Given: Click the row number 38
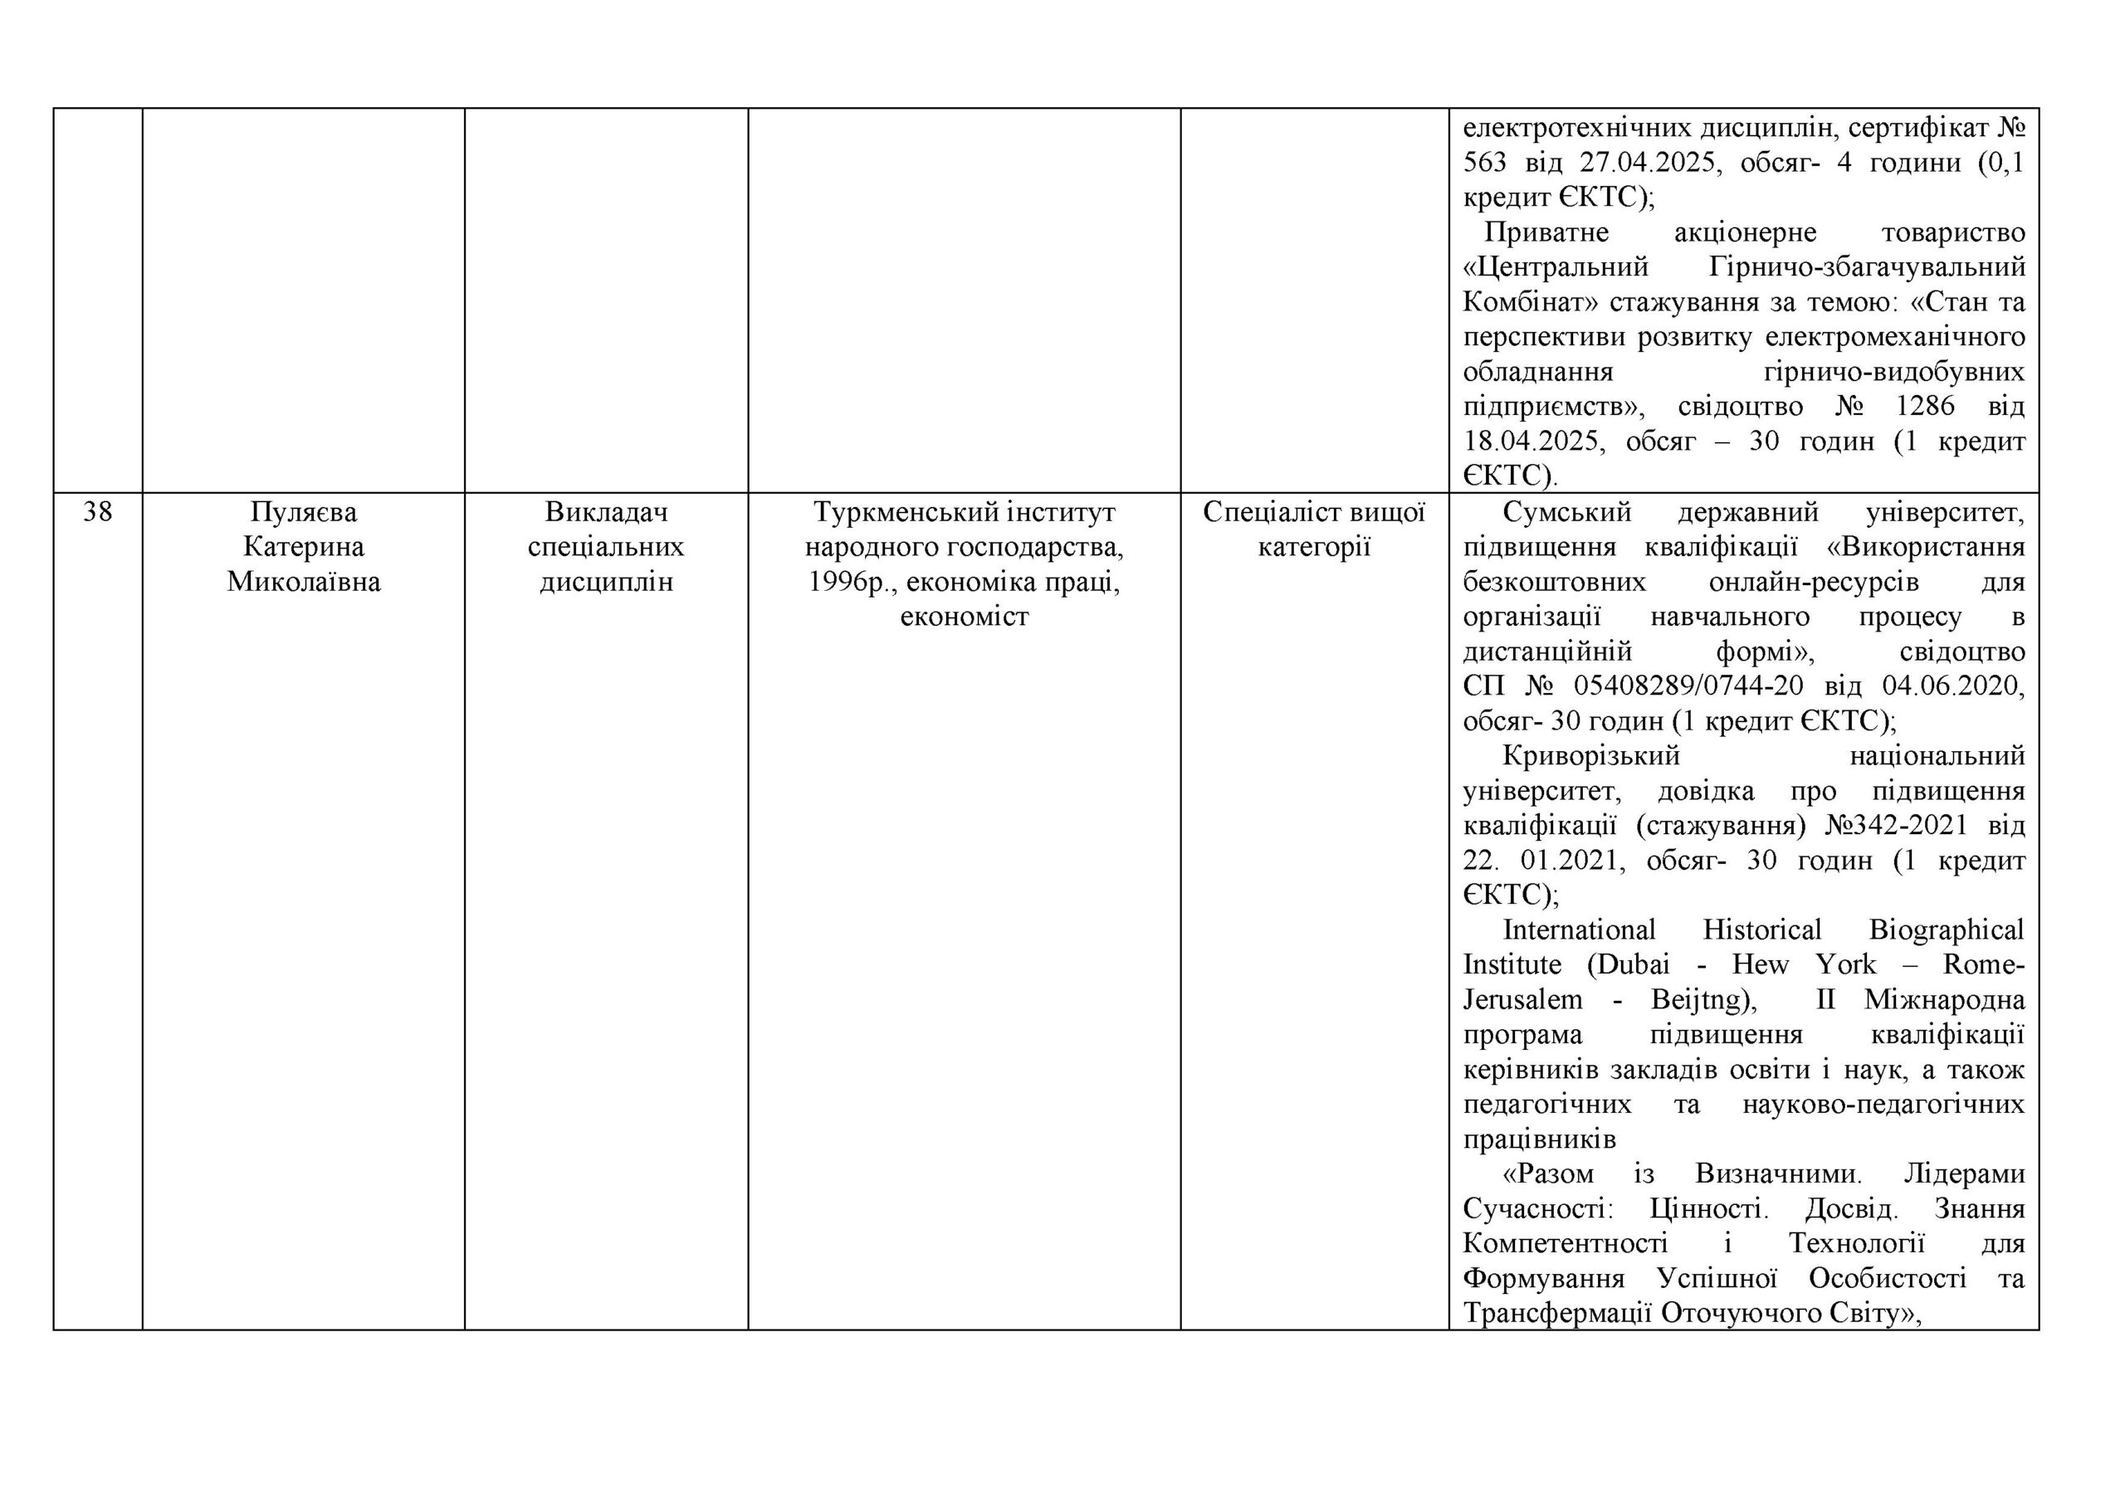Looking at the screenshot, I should click(x=97, y=512).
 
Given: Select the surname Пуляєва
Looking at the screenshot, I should click(x=304, y=512).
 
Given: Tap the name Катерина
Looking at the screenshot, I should click(x=304, y=547).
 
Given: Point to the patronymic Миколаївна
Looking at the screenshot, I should click(x=304, y=582).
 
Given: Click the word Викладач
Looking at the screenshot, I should click(x=606, y=512).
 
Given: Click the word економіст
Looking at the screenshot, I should click(x=965, y=617).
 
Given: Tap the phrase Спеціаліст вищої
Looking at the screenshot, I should click(x=1314, y=512).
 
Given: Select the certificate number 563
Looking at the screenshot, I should click(x=1484, y=163).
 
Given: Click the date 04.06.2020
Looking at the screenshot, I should click(x=1953, y=686).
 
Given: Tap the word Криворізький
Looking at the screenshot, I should click(x=1591, y=756).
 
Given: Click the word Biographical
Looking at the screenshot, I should click(x=1947, y=930).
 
